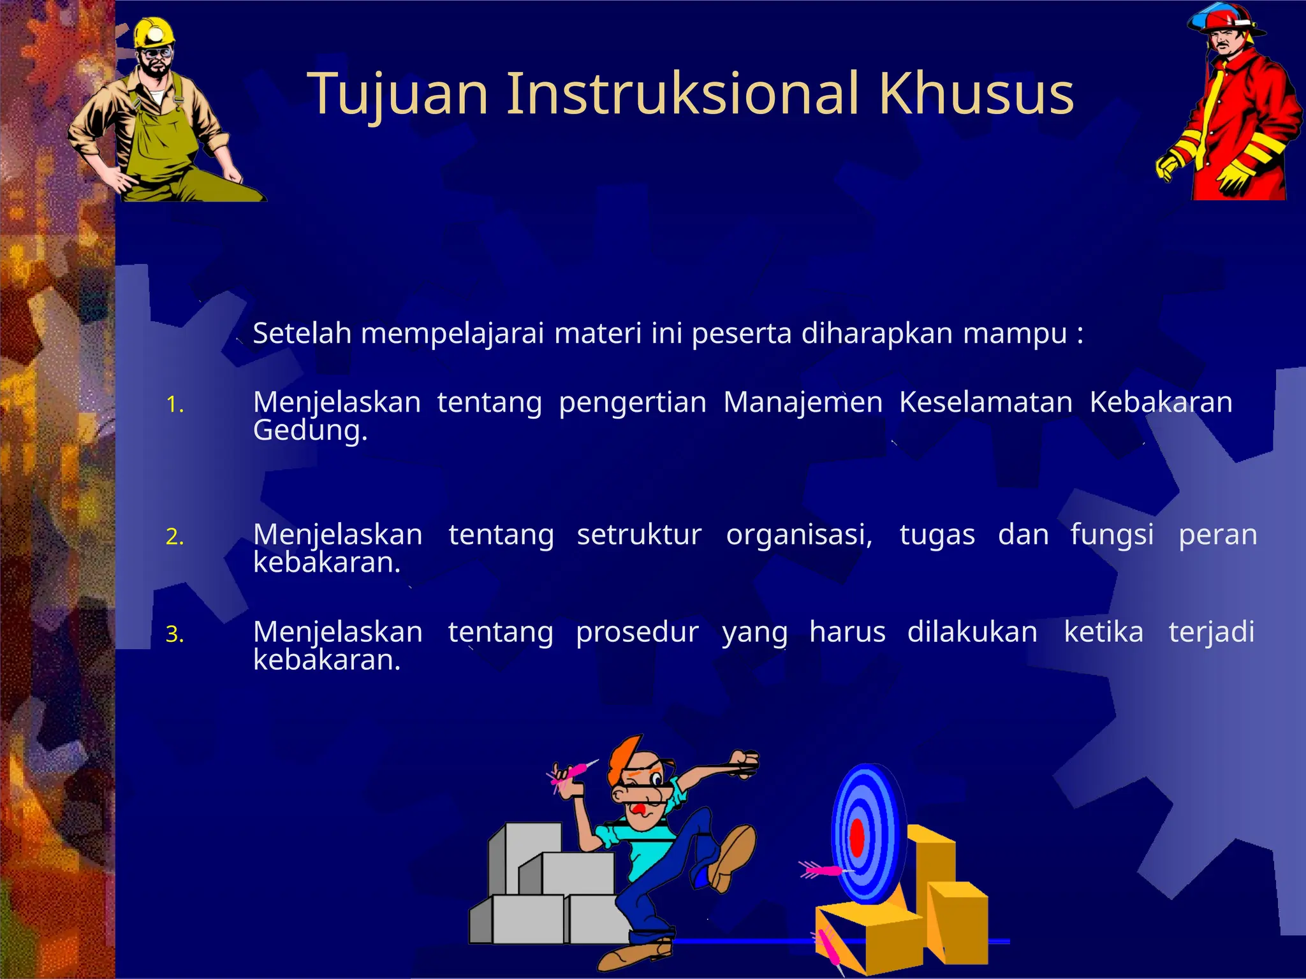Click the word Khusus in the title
click(976, 94)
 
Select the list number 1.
click(174, 405)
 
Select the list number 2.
click(174, 537)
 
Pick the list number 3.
click(174, 634)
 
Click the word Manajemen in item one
click(803, 402)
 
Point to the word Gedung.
click(310, 431)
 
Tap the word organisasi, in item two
click(799, 534)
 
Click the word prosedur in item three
click(637, 632)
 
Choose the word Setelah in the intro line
click(302, 333)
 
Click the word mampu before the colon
click(1015, 334)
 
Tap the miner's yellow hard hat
click(154, 33)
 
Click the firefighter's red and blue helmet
click(1224, 19)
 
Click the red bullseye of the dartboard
click(857, 838)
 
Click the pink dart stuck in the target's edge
click(823, 869)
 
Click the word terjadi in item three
click(1211, 632)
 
